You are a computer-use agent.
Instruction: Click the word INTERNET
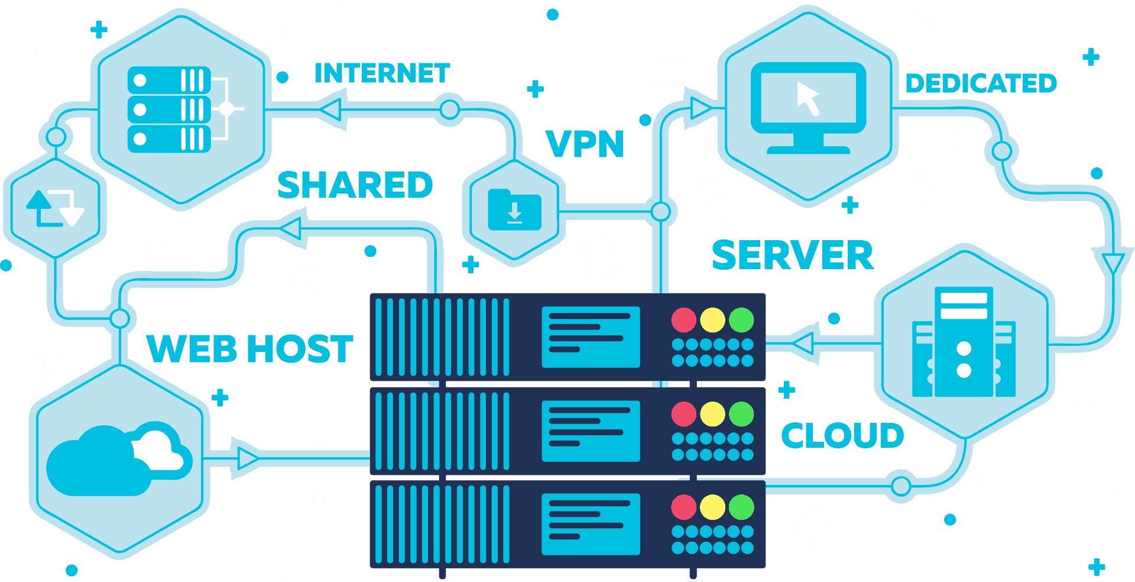tap(382, 73)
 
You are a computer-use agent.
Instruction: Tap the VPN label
tap(585, 144)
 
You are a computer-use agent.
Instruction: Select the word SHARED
tap(355, 185)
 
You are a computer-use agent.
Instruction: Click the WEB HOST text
tap(249, 348)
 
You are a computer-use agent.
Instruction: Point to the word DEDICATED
tap(981, 83)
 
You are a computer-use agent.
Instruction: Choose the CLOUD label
tap(842, 436)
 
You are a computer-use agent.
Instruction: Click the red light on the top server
tap(683, 320)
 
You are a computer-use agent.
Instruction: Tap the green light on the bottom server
tap(741, 507)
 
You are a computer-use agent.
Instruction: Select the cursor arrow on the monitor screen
tap(808, 98)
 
